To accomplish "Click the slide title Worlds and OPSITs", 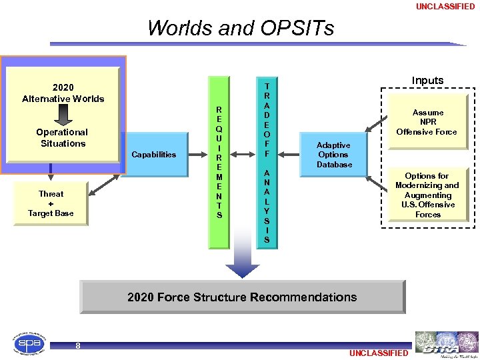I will tap(241, 29).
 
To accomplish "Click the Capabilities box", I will tap(154, 155).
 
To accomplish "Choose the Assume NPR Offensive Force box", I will tap(427, 122).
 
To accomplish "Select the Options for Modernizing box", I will tap(427, 195).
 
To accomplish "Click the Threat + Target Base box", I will tap(51, 203).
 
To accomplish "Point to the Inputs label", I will tap(427, 81).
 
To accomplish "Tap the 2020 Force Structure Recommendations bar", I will tap(242, 297).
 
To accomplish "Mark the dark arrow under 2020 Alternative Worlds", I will tap(63, 115).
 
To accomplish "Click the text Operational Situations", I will tap(63, 138).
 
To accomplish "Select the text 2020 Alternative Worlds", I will tap(63, 93).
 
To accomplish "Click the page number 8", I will tap(78, 345).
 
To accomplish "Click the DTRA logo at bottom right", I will tap(445, 343).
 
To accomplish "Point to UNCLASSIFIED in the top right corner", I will tap(445, 7).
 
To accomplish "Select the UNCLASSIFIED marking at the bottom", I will tap(378, 353).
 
